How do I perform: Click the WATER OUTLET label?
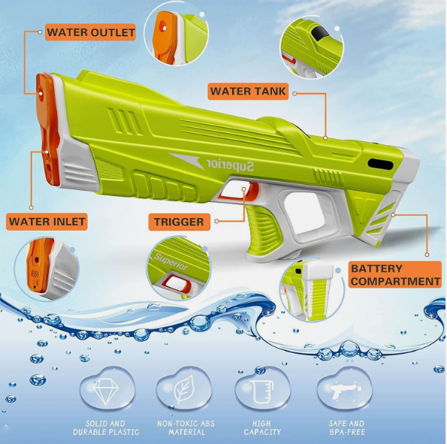(90, 32)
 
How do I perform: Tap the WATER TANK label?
(248, 91)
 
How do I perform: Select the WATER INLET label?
(47, 222)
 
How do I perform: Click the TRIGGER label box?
(180, 222)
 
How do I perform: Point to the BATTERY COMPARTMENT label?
(395, 275)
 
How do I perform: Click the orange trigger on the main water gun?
(252, 190)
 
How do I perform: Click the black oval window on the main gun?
(380, 165)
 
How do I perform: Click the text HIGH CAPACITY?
(261, 427)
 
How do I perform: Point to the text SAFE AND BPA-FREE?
(346, 427)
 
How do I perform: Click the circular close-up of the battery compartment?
(312, 288)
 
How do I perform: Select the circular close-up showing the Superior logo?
(179, 269)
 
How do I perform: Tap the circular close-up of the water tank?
(312, 47)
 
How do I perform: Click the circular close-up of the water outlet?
(177, 34)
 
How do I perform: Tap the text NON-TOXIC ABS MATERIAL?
(186, 427)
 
